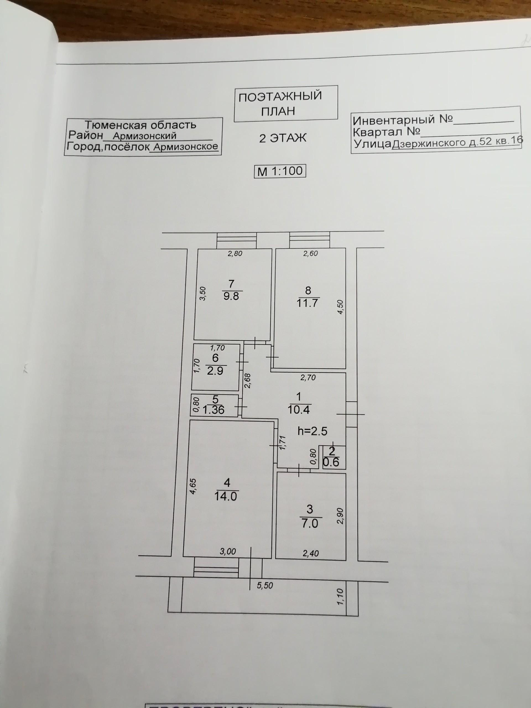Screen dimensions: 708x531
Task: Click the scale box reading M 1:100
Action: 280,171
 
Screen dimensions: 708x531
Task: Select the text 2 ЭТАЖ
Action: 283,138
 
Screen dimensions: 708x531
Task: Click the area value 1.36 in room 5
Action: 214,410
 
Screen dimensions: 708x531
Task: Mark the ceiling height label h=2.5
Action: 313,431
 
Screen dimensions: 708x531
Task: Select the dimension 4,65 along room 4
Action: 193,486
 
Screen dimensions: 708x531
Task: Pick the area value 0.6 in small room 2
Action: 332,462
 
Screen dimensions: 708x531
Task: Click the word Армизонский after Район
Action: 144,136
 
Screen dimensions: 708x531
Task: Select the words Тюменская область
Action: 140,125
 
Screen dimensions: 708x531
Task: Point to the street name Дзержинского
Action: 429,143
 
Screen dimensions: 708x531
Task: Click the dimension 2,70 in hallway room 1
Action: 308,378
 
